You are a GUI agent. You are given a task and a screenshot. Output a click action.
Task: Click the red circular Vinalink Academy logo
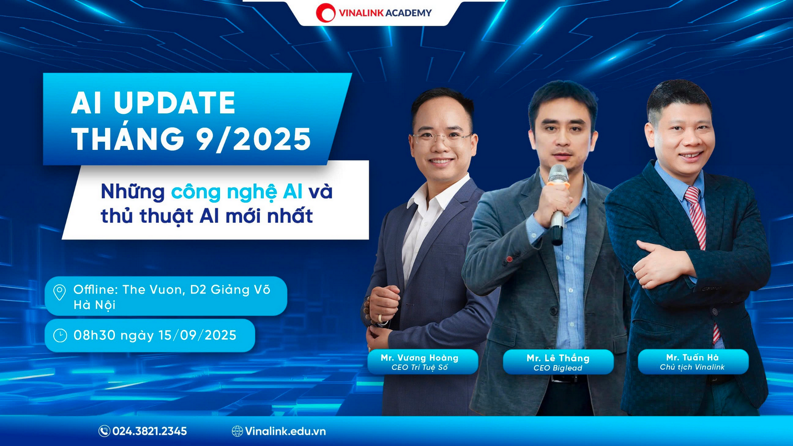coord(325,13)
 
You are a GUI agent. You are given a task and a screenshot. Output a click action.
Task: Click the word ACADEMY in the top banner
coord(408,13)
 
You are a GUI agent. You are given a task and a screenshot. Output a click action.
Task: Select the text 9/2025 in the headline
coord(254,138)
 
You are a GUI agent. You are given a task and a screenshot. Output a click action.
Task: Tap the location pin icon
coord(59,292)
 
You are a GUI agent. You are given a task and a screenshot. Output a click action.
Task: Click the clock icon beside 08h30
coord(60,335)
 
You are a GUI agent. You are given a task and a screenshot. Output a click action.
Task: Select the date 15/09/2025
coord(198,335)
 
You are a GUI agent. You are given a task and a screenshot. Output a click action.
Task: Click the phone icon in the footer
coord(104,431)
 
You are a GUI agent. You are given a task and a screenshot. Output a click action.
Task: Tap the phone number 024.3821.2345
coord(149,431)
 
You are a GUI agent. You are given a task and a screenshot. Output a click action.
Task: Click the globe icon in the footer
coord(237,431)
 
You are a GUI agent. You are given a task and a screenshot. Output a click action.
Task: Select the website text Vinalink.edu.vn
coord(285,431)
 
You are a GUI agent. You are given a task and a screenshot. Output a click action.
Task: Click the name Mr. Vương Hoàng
coord(419,358)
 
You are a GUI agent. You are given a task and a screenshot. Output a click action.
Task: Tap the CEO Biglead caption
coord(558,368)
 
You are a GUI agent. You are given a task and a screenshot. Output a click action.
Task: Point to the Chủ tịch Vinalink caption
coord(692,368)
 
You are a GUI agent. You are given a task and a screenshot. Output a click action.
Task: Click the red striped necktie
coord(699,240)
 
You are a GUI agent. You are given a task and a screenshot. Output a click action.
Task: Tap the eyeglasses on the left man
coord(443,139)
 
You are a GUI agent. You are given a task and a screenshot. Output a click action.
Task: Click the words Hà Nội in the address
coord(94,305)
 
